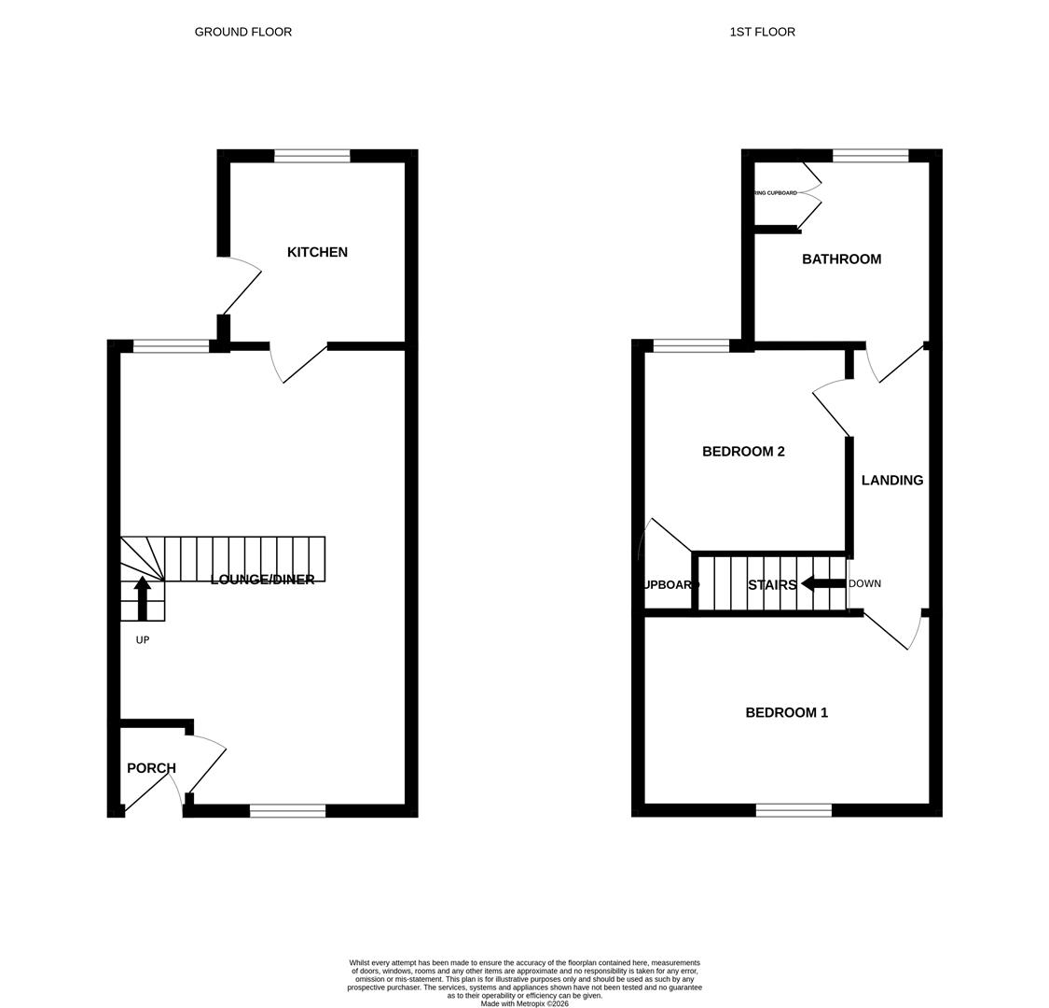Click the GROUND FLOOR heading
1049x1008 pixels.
click(x=242, y=32)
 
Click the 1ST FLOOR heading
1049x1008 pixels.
click(x=762, y=32)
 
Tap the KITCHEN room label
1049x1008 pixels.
click(x=317, y=252)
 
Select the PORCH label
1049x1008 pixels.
click(x=151, y=768)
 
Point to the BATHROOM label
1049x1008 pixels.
click(x=841, y=259)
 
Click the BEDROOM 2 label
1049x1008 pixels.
click(x=743, y=452)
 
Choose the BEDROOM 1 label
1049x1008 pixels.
click(x=786, y=713)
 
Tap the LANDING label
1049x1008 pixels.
click(x=891, y=481)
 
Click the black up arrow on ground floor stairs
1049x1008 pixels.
click(x=142, y=597)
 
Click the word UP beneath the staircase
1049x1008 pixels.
click(x=142, y=640)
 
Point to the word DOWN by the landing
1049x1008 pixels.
click(x=864, y=584)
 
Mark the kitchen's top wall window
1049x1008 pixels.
click(x=311, y=156)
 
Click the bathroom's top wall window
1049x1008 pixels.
click(x=870, y=156)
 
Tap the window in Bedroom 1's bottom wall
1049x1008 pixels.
click(x=793, y=810)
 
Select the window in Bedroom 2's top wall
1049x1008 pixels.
click(x=691, y=346)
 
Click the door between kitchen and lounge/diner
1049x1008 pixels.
click(x=298, y=364)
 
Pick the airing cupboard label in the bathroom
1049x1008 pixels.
click(x=776, y=193)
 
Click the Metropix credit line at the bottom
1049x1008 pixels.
click(x=524, y=1003)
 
